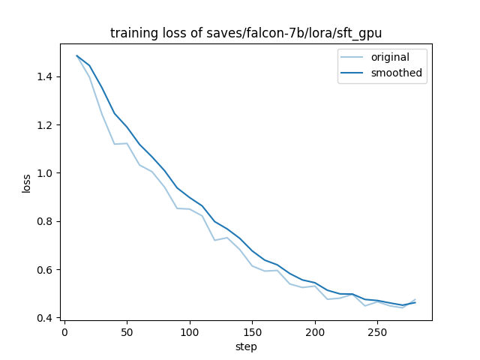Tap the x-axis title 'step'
[x=246, y=347]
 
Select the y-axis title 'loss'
[x=26, y=183]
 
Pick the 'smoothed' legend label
[x=396, y=73]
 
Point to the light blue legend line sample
[x=355, y=57]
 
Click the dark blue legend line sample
[x=355, y=73]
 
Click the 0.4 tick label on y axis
[x=46, y=318]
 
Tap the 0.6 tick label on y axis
[x=46, y=270]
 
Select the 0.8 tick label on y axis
[x=46, y=221]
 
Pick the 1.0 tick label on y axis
[x=46, y=173]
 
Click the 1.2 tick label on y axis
[x=46, y=125]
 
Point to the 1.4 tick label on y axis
[x=46, y=76]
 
